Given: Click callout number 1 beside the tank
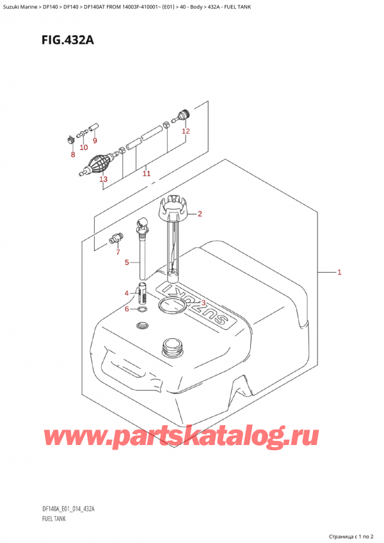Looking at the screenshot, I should [339, 273].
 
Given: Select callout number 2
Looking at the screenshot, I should [200, 214].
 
